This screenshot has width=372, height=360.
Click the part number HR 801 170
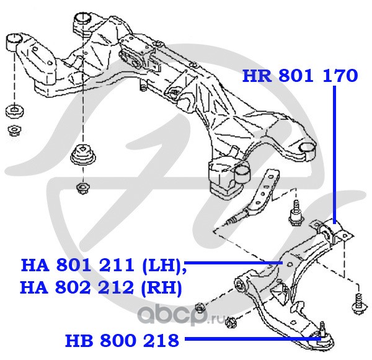pyautogui.click(x=300, y=76)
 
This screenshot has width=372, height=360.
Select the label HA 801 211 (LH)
pyautogui.click(x=104, y=265)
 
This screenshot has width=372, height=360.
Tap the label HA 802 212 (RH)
pyautogui.click(x=101, y=287)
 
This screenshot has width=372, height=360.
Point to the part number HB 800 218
pyautogui.click(x=122, y=340)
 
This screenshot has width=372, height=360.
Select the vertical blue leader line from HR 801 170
pyautogui.click(x=334, y=155)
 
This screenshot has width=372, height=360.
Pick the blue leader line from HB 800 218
pyautogui.click(x=253, y=339)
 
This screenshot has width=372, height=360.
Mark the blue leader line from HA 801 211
pyautogui.click(x=234, y=263)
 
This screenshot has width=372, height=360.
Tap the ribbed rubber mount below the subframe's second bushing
pyautogui.click(x=83, y=156)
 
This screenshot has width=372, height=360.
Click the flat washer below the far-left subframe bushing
pyautogui.click(x=15, y=111)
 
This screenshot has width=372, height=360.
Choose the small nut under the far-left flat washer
pyautogui.click(x=14, y=130)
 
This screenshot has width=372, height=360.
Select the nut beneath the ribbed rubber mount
pyautogui.click(x=83, y=187)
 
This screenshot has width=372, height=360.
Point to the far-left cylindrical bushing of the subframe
pyautogui.click(x=13, y=42)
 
